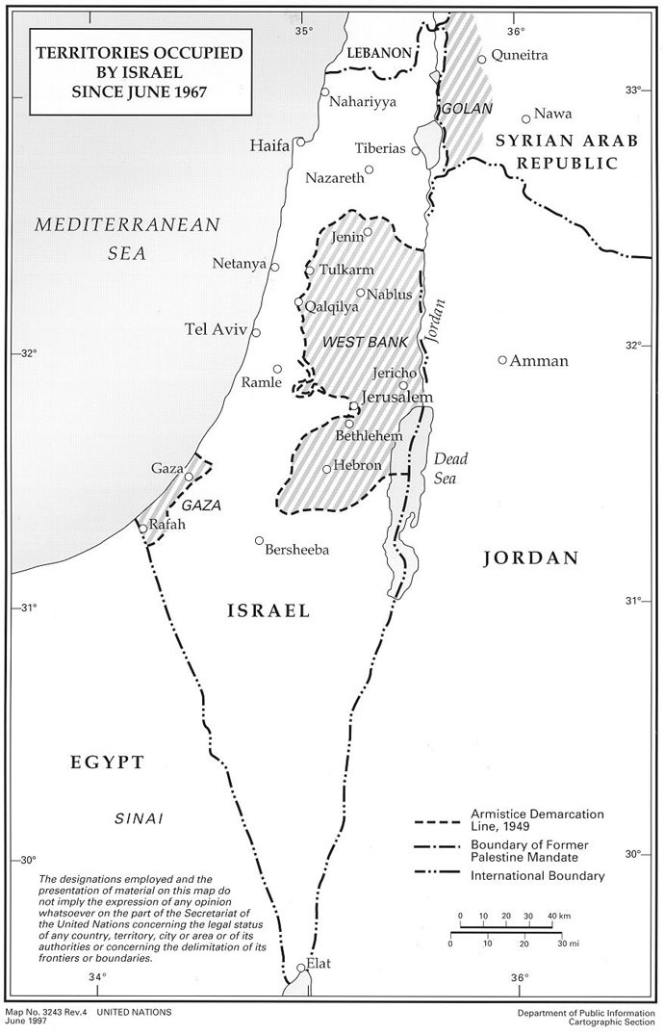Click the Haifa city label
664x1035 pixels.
point(268,146)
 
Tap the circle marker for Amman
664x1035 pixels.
point(501,360)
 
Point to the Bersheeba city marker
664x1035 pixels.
point(259,540)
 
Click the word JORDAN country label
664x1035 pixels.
point(529,557)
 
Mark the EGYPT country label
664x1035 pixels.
point(107,763)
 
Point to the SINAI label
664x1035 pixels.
point(136,818)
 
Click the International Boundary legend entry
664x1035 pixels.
point(537,876)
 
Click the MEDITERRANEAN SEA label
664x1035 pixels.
point(128,239)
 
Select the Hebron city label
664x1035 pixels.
point(358,464)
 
